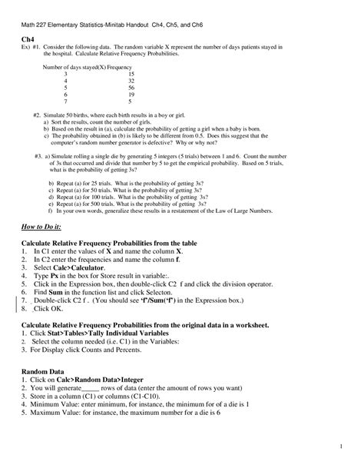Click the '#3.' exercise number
(38, 155)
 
